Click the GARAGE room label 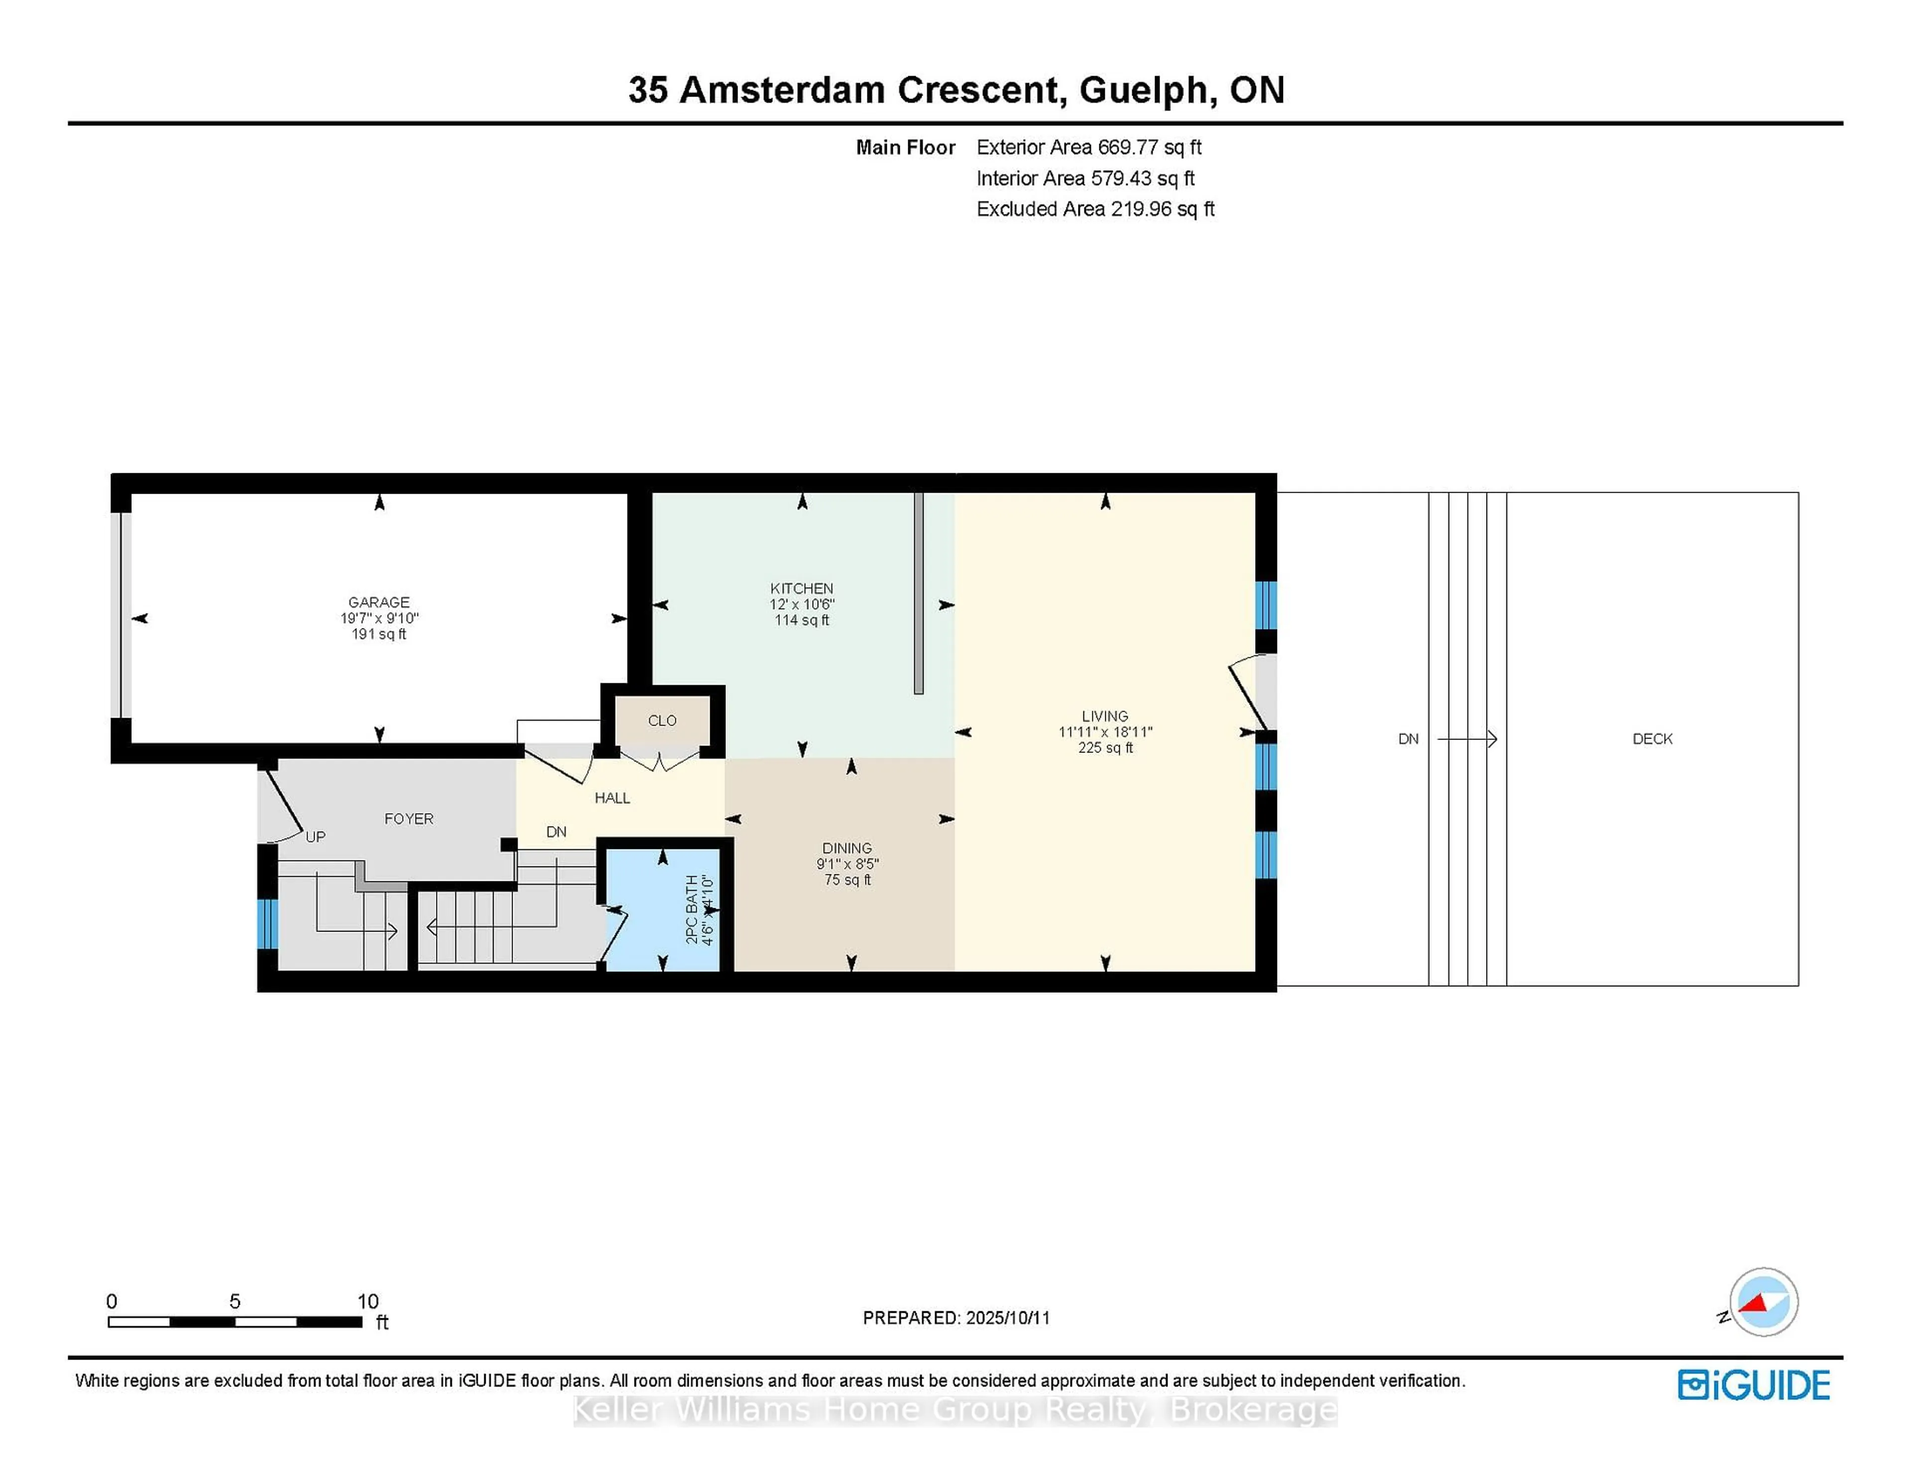pos(378,602)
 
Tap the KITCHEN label pos(802,588)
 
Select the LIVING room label pos(1104,716)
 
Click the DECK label pos(1652,738)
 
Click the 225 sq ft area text pos(1105,747)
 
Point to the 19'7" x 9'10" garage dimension pos(379,618)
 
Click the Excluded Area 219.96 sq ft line pos(1095,208)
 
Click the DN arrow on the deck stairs pos(1468,739)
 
